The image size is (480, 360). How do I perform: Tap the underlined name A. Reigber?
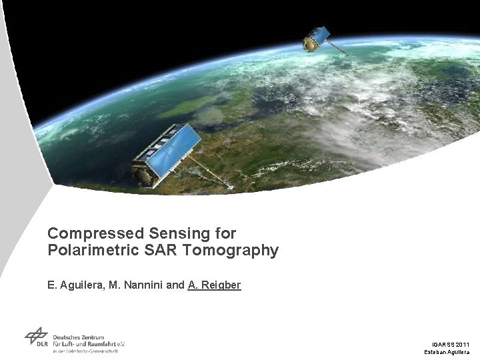(x=214, y=285)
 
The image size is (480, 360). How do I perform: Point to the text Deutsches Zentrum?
(x=79, y=337)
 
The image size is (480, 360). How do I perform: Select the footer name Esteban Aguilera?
(x=447, y=351)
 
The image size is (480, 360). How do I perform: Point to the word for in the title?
(x=225, y=234)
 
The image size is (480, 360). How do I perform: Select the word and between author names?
(x=175, y=285)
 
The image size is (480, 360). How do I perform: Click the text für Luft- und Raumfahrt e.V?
(x=89, y=344)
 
